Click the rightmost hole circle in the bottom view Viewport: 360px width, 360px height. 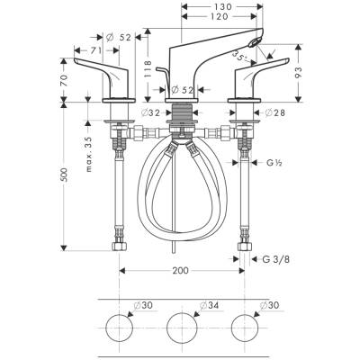244,328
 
